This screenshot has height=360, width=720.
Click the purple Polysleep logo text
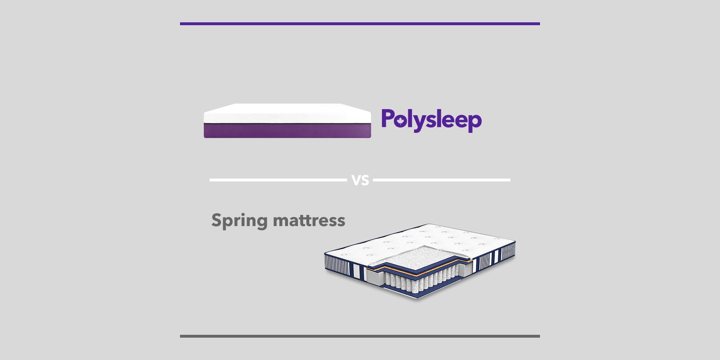432,121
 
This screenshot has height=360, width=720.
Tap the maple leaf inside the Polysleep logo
400,122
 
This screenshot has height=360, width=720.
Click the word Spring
239,221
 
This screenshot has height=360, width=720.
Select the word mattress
309,220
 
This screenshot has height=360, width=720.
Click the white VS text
360,180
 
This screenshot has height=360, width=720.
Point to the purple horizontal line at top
360,24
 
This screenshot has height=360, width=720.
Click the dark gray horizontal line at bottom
360,336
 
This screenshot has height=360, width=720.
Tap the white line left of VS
278,180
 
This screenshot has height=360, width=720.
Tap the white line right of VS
442,180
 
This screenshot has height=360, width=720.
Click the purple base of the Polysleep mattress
287,131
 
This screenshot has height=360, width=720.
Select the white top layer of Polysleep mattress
287,114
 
